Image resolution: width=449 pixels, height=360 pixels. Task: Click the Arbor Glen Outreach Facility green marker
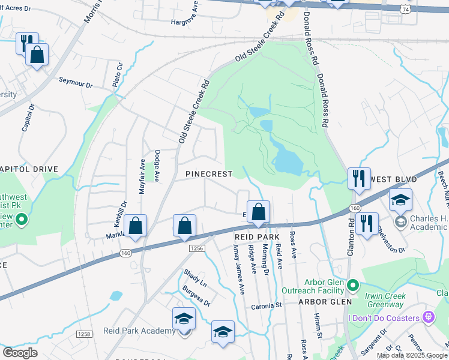(353, 284)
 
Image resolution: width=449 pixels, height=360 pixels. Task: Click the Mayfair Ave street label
(142, 173)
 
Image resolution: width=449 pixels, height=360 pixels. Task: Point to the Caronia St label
(266, 305)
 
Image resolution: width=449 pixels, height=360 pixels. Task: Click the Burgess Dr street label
(197, 298)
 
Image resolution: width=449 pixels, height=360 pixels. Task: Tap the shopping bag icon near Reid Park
(258, 212)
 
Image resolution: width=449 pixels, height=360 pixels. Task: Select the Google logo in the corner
(20, 353)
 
